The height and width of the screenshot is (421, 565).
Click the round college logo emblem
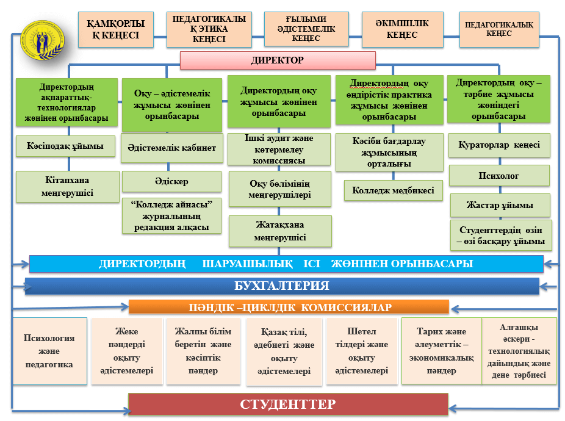(43, 40)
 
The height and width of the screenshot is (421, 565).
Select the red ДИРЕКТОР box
(278, 60)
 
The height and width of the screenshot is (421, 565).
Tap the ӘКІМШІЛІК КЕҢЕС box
(403, 29)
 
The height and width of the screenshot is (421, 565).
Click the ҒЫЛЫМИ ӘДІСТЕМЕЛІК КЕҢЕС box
(306, 29)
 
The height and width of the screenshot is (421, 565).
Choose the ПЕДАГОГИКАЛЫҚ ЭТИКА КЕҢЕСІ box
(209, 29)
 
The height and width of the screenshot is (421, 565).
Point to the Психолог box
(499, 176)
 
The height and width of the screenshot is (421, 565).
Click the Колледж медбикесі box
(393, 190)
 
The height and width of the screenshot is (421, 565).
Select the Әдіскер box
(171, 181)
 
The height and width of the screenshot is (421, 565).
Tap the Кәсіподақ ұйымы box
(65, 146)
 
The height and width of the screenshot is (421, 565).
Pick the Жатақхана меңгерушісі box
(280, 231)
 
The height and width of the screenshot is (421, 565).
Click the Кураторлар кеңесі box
(499, 145)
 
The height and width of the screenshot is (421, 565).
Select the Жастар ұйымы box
(500, 205)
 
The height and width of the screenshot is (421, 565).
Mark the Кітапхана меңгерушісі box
(67, 186)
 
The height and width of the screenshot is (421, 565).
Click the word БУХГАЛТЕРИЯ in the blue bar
(282, 286)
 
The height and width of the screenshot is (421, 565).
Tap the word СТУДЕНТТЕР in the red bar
(288, 404)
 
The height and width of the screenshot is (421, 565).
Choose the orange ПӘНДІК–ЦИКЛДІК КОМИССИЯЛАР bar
(289, 307)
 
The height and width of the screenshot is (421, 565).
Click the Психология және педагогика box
(49, 351)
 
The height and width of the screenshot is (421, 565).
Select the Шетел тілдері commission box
(361, 351)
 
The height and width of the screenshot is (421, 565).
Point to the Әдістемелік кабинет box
(171, 148)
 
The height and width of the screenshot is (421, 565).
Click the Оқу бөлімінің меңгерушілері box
(279, 189)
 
